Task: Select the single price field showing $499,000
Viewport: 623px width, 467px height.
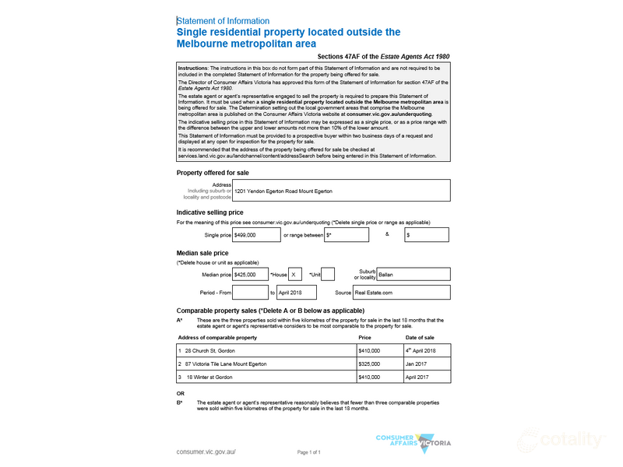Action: (x=256, y=234)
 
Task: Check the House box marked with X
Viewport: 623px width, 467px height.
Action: (x=295, y=274)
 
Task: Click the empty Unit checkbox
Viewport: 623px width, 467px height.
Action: (x=328, y=274)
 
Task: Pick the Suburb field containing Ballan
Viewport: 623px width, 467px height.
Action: (x=413, y=274)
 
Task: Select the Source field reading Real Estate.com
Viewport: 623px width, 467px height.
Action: (x=401, y=293)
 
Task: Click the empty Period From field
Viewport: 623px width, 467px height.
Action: (x=250, y=293)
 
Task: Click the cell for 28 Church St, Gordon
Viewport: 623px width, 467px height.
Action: (x=266, y=350)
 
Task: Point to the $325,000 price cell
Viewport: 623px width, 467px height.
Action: (x=378, y=363)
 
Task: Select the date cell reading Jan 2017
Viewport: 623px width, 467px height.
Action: (x=427, y=363)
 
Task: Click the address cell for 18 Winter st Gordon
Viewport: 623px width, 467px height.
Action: (x=266, y=377)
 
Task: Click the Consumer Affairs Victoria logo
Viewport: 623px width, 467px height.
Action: (x=413, y=442)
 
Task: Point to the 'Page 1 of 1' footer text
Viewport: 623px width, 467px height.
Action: (x=309, y=452)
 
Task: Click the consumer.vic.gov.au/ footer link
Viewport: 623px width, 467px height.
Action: (x=206, y=451)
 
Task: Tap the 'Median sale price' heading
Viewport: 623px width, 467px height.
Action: (x=202, y=253)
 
